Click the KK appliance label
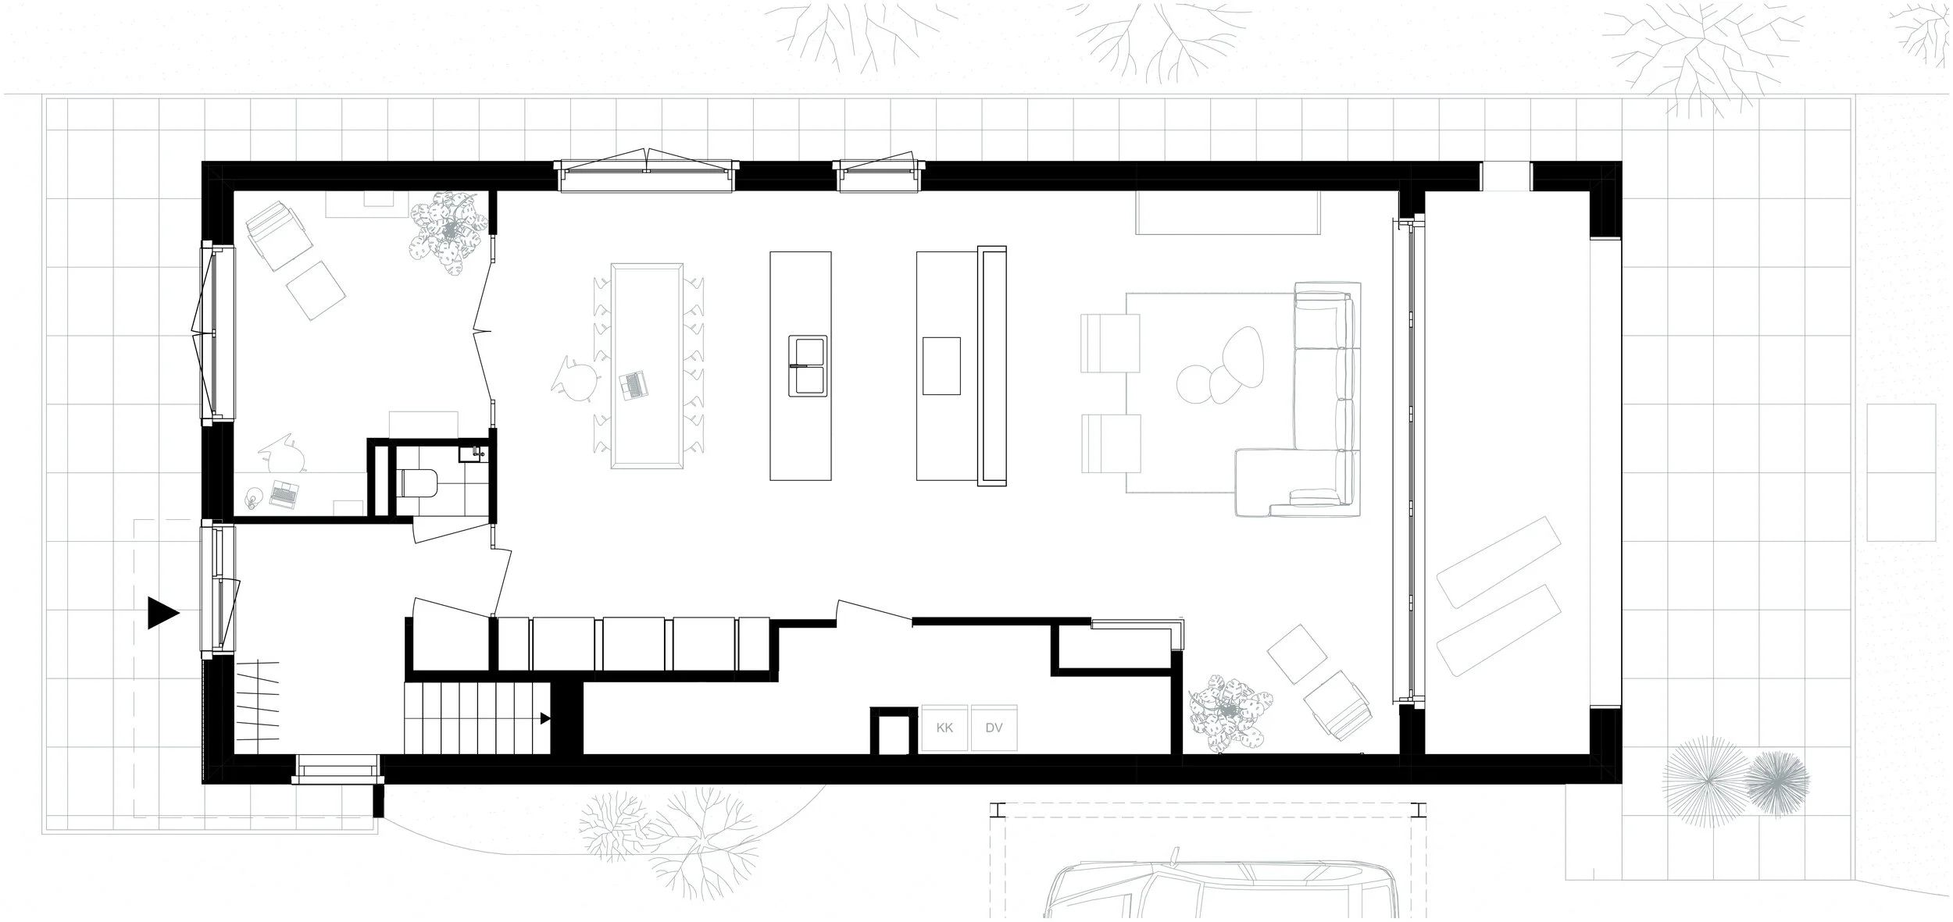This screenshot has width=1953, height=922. click(x=944, y=728)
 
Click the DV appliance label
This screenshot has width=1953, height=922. click(x=994, y=728)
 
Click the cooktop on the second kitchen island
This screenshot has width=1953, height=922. click(x=941, y=365)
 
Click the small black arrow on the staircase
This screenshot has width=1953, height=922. click(x=546, y=718)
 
